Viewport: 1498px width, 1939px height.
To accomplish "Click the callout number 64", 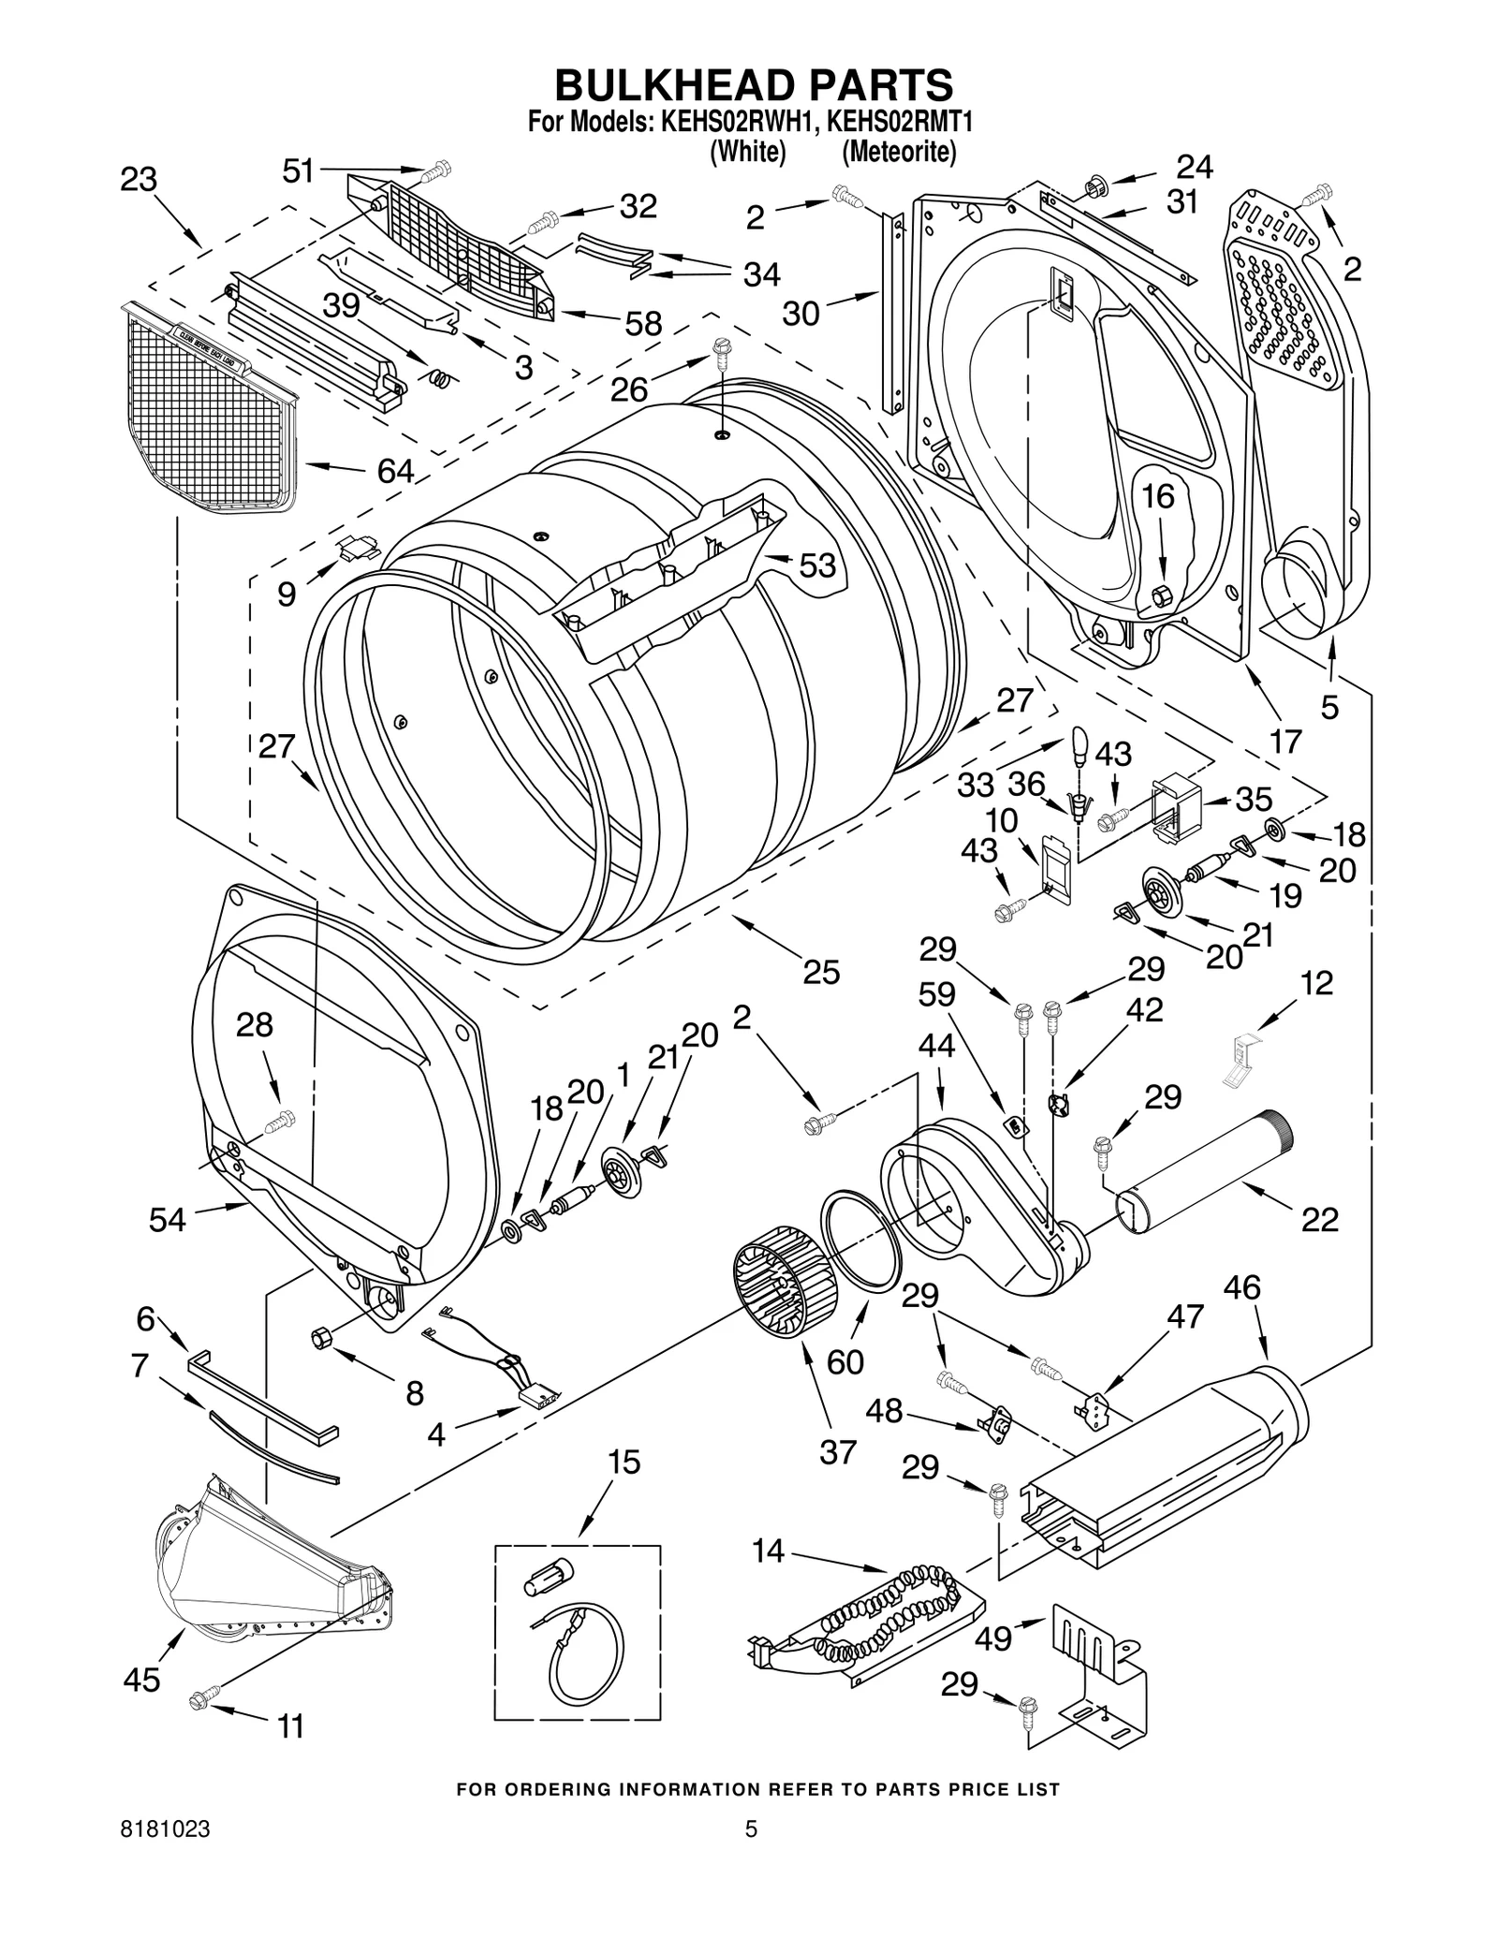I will [x=395, y=471].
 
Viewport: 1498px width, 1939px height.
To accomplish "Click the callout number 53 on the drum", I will [x=816, y=566].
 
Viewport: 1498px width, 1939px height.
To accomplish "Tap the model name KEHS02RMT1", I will [x=896, y=123].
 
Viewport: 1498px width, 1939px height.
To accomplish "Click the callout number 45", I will [x=142, y=1682].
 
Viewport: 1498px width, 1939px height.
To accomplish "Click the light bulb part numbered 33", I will [x=1079, y=745].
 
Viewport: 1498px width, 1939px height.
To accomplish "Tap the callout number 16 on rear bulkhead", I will [x=1158, y=496].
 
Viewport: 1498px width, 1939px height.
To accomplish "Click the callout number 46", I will [x=1241, y=1288].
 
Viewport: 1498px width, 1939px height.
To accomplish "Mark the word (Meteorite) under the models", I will [x=898, y=152].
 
